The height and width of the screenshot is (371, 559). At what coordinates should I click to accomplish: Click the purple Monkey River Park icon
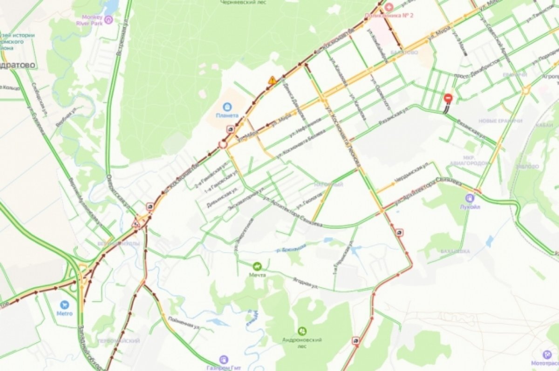pyautogui.click(x=109, y=20)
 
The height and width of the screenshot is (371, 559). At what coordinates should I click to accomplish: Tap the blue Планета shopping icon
pyautogui.click(x=227, y=107)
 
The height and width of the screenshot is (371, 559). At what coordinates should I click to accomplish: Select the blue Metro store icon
pyautogui.click(x=64, y=304)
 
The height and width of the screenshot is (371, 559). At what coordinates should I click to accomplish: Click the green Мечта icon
pyautogui.click(x=257, y=266)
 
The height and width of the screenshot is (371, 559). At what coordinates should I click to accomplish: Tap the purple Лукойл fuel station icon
pyautogui.click(x=470, y=197)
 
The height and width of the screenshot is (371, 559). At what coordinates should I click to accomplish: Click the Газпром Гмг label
pyautogui.click(x=224, y=367)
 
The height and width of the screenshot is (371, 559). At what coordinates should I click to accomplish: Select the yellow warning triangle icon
pyautogui.click(x=272, y=80)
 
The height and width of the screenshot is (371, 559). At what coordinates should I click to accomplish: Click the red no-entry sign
pyautogui.click(x=448, y=99)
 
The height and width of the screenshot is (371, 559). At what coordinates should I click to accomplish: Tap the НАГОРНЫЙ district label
pyautogui.click(x=328, y=185)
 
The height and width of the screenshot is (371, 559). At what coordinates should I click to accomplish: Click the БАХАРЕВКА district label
pyautogui.click(x=455, y=251)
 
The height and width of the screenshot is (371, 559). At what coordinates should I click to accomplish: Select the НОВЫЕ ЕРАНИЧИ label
pyautogui.click(x=500, y=121)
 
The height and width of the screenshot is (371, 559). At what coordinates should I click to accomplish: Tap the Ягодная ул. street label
pyautogui.click(x=305, y=283)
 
